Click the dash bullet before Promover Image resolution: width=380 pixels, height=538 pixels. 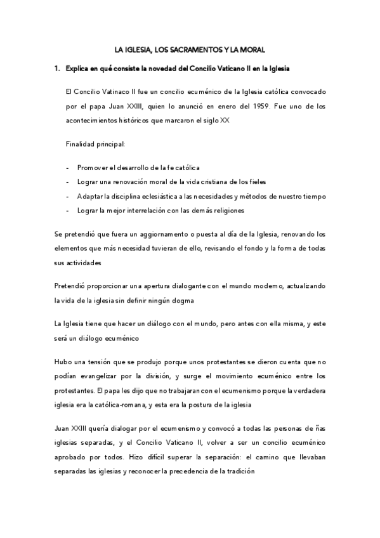coord(67,167)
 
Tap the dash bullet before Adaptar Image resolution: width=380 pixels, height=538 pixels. coord(67,196)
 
